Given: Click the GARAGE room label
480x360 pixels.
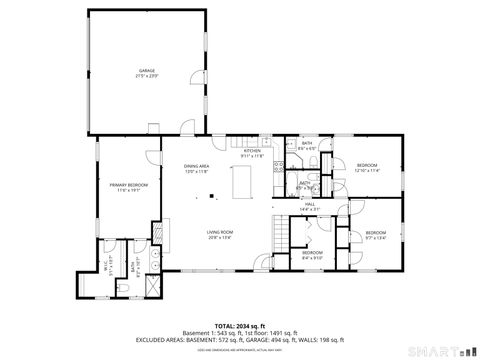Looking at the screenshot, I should [147, 70].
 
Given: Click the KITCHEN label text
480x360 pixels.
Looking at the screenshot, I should [252, 151].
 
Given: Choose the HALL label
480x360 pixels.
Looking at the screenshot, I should [310, 204].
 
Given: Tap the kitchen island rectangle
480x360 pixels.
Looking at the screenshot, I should [240, 184].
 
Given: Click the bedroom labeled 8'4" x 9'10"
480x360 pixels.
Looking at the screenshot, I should [313, 253].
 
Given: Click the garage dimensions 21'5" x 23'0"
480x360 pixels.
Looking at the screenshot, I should [147, 76].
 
